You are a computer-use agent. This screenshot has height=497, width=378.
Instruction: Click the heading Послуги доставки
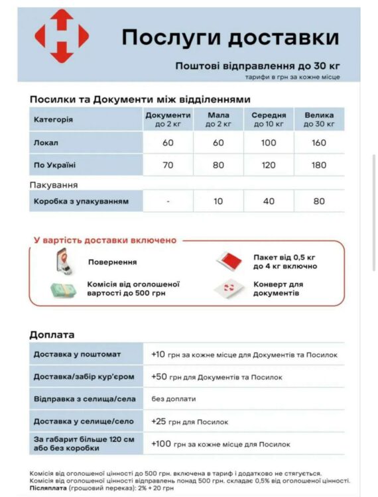[x=230, y=37]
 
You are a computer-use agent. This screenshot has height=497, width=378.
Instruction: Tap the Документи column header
[x=168, y=119]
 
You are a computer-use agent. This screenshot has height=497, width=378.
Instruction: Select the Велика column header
[x=319, y=119]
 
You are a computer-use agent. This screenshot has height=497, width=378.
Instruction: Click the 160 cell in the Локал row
[x=319, y=143]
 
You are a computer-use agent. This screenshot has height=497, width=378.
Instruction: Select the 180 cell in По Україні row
[x=319, y=165]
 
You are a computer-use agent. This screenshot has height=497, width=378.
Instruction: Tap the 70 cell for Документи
[x=168, y=165]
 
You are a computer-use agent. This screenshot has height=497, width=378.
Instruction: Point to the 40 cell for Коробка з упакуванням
[x=269, y=201]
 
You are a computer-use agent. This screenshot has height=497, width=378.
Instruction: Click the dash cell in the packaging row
[x=168, y=201]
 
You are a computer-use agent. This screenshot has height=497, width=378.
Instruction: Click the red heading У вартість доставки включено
[x=105, y=240]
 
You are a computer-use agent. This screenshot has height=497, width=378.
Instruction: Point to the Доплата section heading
[x=52, y=335]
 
